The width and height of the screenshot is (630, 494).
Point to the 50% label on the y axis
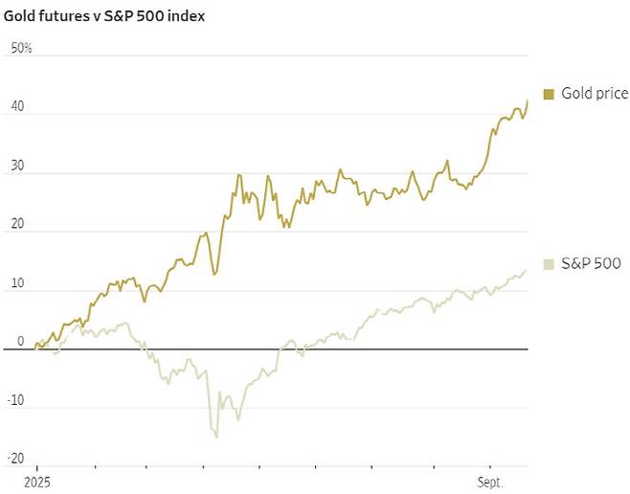(x=21, y=48)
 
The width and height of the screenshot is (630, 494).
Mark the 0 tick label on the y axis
(x=20, y=341)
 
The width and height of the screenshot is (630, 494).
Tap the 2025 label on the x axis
(x=36, y=484)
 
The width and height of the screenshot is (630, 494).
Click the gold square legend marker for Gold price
(x=548, y=94)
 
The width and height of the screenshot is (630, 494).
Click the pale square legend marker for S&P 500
(x=548, y=263)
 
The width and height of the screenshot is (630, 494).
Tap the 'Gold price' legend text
(x=595, y=94)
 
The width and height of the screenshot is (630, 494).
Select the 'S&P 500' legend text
(x=592, y=263)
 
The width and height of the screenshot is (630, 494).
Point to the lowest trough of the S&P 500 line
(x=216, y=437)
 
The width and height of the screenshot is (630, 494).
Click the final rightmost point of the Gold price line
(x=527, y=101)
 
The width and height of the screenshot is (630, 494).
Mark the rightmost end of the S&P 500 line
(x=527, y=271)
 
